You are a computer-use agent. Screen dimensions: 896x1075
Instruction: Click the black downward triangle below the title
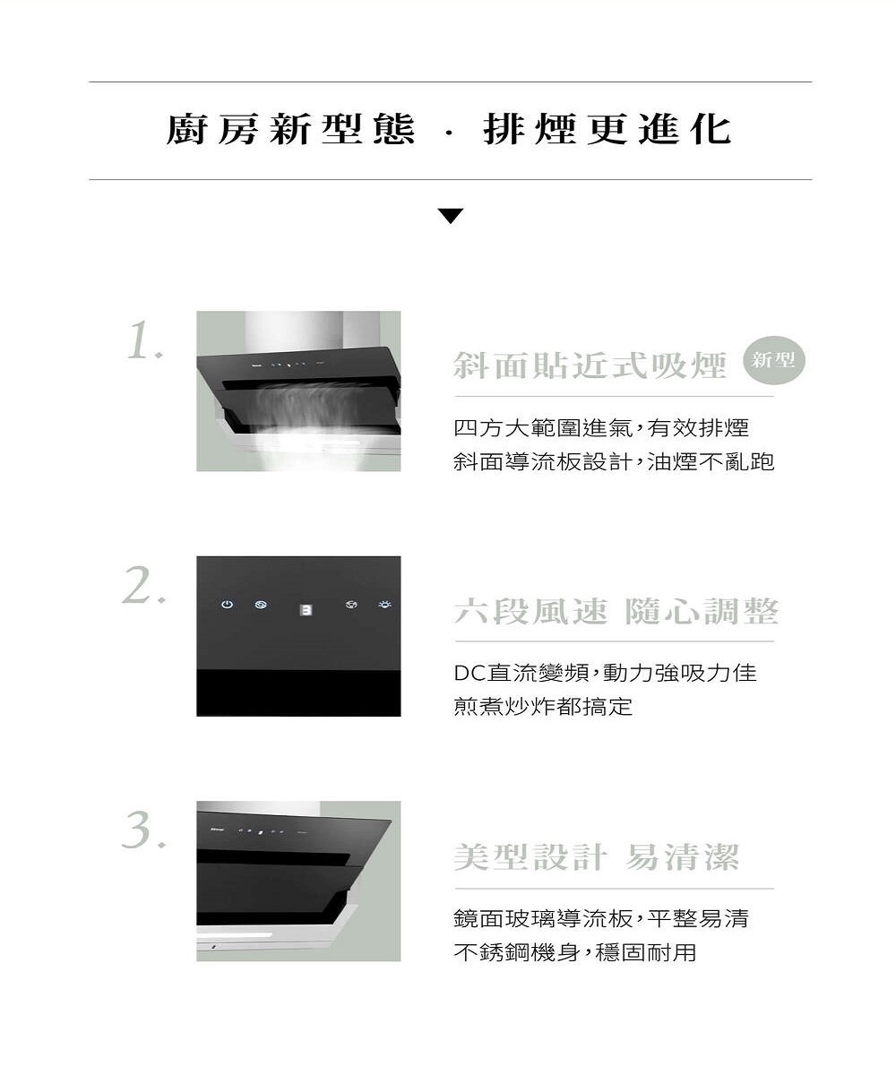(450, 216)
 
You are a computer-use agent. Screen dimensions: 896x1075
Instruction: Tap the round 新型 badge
(773, 360)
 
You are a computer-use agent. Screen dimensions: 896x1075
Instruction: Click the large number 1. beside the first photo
(144, 340)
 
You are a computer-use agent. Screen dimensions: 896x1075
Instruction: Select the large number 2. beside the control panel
(143, 585)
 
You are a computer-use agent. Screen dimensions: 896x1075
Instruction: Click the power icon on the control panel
(227, 605)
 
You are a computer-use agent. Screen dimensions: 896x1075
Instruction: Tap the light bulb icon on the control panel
(384, 604)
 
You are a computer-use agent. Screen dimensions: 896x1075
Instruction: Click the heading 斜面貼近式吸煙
(590, 365)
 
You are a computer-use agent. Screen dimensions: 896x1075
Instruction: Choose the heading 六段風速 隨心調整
(616, 611)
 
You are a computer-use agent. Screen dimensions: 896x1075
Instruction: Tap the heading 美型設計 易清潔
(597, 857)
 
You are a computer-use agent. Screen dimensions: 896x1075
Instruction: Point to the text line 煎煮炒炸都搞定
(543, 707)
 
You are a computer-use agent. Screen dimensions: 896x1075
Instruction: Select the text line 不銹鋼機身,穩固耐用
(574, 952)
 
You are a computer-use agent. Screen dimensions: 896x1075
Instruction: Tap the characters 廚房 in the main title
(212, 129)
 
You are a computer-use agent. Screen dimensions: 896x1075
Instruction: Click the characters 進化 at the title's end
(685, 129)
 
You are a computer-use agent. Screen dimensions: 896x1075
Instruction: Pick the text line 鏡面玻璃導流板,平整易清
(601, 918)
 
